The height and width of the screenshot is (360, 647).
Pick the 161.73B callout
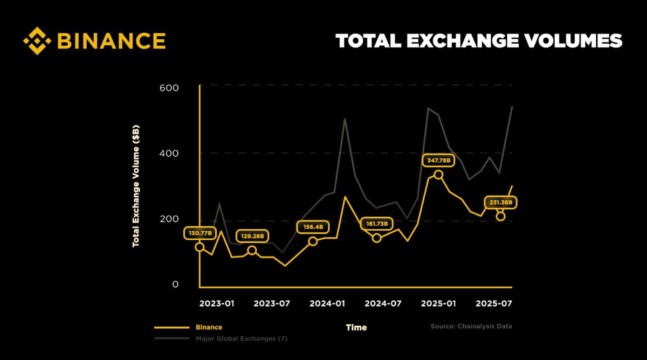(x=377, y=223)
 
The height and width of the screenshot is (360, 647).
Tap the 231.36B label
(x=500, y=203)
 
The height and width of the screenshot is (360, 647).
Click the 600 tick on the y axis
(x=169, y=88)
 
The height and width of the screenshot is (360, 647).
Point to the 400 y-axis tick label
(x=169, y=154)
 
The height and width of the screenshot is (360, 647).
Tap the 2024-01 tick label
(x=327, y=303)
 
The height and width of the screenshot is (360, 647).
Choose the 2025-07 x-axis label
(x=493, y=303)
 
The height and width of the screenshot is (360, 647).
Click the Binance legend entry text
(x=208, y=327)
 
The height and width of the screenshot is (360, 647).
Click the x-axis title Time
(x=356, y=327)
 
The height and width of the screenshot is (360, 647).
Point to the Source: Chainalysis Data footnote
(x=471, y=326)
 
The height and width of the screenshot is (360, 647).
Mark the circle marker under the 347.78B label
(x=438, y=175)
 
